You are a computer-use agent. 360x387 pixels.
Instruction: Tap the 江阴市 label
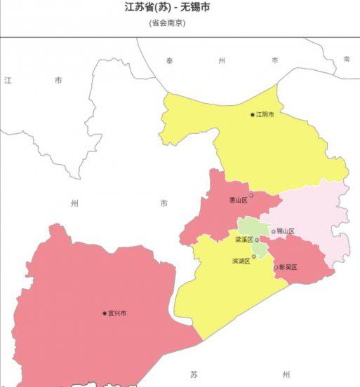(265, 114)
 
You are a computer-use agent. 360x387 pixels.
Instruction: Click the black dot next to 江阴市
(253, 114)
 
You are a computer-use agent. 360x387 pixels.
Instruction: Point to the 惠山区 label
(239, 200)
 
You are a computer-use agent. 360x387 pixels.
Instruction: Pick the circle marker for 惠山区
(251, 196)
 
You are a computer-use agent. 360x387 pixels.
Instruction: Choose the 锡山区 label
(286, 231)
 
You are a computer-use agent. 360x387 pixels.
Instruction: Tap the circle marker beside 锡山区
(274, 231)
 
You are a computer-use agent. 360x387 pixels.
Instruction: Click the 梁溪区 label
(244, 240)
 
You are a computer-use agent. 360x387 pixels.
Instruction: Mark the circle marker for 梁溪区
(258, 240)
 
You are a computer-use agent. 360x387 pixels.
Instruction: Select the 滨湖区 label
(241, 261)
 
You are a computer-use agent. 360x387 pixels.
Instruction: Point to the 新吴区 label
(288, 267)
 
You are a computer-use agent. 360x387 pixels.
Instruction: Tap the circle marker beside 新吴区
(276, 267)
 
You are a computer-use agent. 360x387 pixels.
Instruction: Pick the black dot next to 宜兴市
(105, 313)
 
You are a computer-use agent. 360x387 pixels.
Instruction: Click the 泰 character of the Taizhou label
(170, 61)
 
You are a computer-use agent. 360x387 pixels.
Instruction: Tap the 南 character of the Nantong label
(346, 59)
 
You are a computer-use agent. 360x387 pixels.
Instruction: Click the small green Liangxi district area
(249, 227)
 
